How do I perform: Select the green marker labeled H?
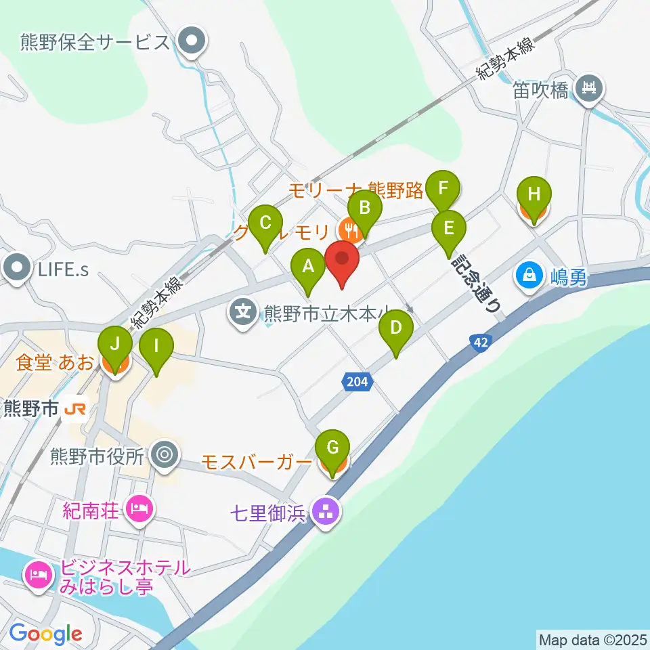(534, 196)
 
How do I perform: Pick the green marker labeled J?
(116, 345)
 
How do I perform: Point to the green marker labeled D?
(396, 329)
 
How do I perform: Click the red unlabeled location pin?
(342, 260)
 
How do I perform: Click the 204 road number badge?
(356, 383)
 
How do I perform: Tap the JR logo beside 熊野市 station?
(75, 409)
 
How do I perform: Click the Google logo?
(45, 634)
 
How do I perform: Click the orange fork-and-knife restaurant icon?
(350, 232)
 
